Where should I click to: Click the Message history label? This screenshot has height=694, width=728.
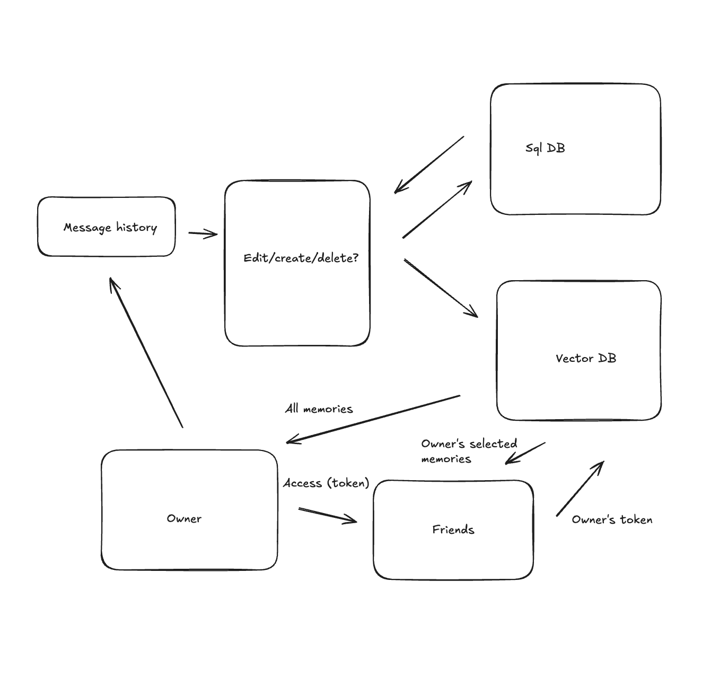tap(110, 228)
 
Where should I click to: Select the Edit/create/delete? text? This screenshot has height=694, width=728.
tap(301, 258)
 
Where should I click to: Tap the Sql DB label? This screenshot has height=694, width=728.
tap(545, 148)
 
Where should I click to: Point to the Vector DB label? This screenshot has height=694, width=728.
tap(586, 359)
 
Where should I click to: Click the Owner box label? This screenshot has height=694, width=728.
tap(184, 518)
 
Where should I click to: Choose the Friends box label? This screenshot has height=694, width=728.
tap(453, 530)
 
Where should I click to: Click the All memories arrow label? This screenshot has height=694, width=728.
tap(319, 409)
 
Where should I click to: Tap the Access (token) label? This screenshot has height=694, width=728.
tap(326, 483)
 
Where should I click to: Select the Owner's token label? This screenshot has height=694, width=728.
tap(612, 520)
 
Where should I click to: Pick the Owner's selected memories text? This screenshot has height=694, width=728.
tap(469, 451)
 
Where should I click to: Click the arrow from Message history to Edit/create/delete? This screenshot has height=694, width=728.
tap(203, 233)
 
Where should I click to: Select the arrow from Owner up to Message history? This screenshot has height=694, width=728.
tap(146, 352)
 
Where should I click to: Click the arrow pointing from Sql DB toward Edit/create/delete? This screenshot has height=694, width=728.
tap(429, 164)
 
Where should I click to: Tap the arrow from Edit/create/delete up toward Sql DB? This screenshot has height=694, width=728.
tap(437, 210)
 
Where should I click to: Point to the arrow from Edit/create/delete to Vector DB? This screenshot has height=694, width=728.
tap(441, 288)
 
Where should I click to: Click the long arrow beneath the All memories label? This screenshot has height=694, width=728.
tap(373, 419)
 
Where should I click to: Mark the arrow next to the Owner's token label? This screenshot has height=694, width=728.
tap(580, 488)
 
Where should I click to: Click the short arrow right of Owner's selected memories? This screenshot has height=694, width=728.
tap(525, 453)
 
